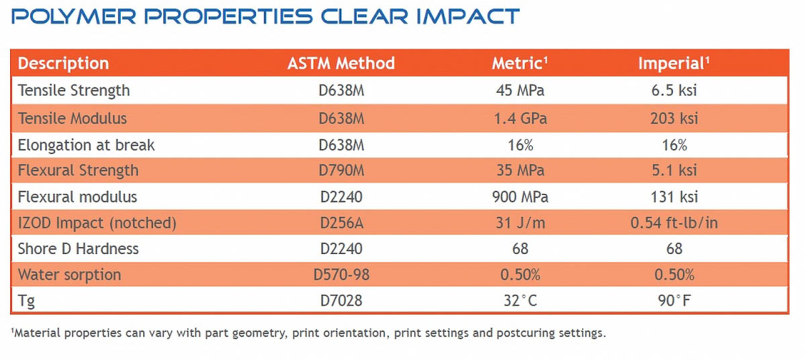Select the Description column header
(x=63, y=63)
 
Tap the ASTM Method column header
(x=341, y=63)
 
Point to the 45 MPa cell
(x=520, y=90)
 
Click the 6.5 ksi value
(x=674, y=90)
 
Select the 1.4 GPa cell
(x=520, y=119)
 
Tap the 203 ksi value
(x=674, y=119)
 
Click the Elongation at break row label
(x=86, y=145)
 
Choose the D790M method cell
(x=341, y=171)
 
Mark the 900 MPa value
(x=520, y=197)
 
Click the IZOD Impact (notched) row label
(x=97, y=223)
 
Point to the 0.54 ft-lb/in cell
(x=674, y=223)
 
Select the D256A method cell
(x=341, y=223)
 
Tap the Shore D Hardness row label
(x=78, y=249)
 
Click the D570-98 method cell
(x=341, y=275)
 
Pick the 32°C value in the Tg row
(x=520, y=300)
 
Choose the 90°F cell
(x=674, y=300)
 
